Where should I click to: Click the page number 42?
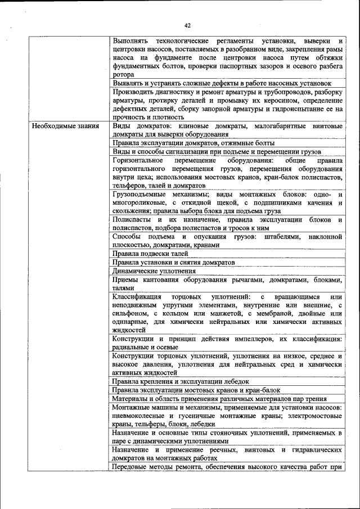pyautogui.click(x=188, y=25)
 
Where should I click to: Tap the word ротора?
pyautogui.click(x=123, y=74)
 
